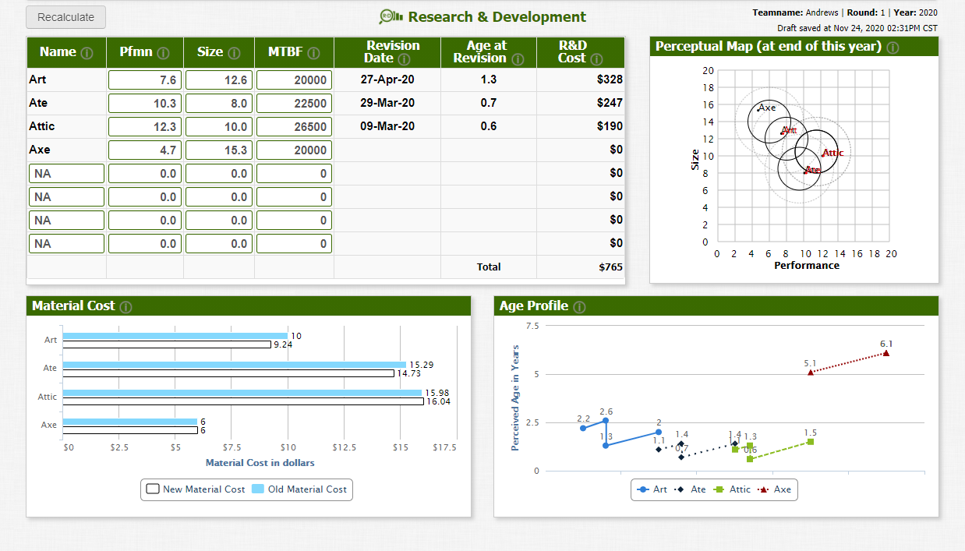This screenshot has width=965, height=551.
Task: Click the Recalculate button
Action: point(65,17)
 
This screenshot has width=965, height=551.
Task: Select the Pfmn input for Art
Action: point(145,79)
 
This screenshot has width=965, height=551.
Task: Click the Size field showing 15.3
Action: point(218,150)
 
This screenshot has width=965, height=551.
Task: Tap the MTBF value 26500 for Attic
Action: point(294,126)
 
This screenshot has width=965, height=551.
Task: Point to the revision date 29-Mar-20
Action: point(387,103)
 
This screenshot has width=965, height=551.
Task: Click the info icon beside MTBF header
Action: point(313,53)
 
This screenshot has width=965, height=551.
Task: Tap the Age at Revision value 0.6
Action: point(488,126)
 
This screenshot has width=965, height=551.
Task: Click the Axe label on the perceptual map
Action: point(767,108)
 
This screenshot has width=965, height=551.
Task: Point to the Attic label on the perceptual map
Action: point(833,153)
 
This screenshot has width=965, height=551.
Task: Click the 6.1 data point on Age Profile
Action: point(886,353)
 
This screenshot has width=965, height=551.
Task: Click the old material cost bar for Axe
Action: point(129,422)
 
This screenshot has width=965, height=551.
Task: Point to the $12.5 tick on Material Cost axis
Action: point(344,448)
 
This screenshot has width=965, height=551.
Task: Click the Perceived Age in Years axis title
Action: point(515,397)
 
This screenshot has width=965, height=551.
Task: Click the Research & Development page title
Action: point(497,17)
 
